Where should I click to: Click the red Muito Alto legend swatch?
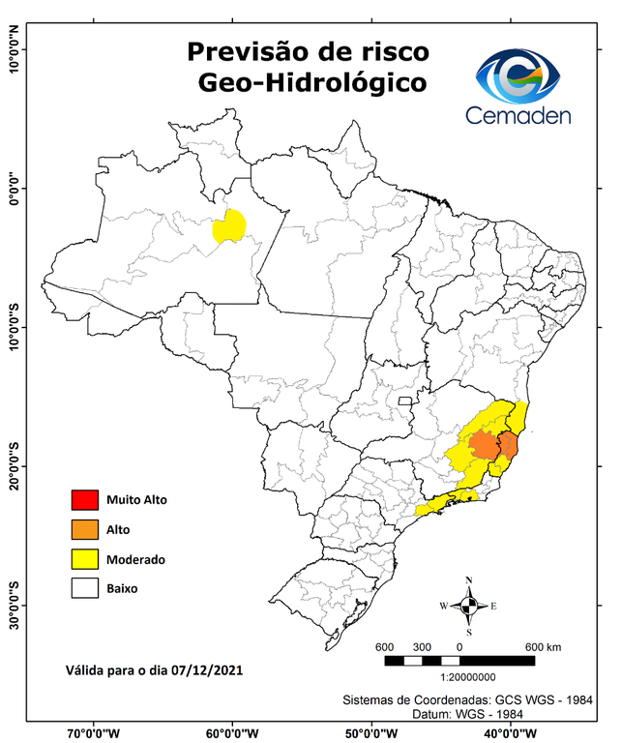tap(85, 500)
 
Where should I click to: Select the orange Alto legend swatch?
tap(85, 529)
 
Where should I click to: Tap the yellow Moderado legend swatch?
tap(85, 558)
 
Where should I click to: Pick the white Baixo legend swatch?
tap(85, 587)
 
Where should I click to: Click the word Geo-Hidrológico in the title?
tap(310, 83)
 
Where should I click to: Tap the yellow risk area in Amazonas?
tap(229, 227)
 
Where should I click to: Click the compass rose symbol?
tap(468, 606)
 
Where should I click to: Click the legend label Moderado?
tap(135, 559)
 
